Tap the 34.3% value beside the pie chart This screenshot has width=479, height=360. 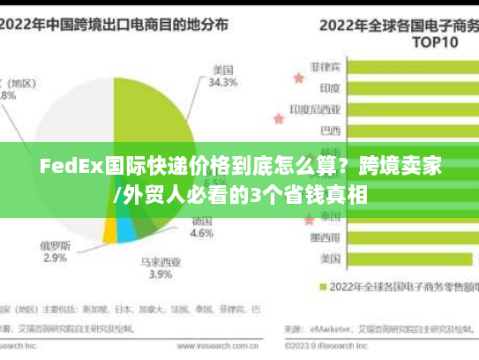[x=222, y=83]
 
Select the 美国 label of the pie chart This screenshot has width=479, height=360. [x=222, y=70]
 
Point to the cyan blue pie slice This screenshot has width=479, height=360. [x=127, y=230]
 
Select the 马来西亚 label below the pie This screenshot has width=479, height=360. [x=161, y=261]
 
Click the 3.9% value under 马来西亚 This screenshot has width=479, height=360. [x=161, y=274]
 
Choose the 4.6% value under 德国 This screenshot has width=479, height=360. [x=202, y=234]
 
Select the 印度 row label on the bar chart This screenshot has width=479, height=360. [x=329, y=87]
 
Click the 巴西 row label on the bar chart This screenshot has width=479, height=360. [x=329, y=131]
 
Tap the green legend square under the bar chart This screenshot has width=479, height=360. [x=323, y=287]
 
